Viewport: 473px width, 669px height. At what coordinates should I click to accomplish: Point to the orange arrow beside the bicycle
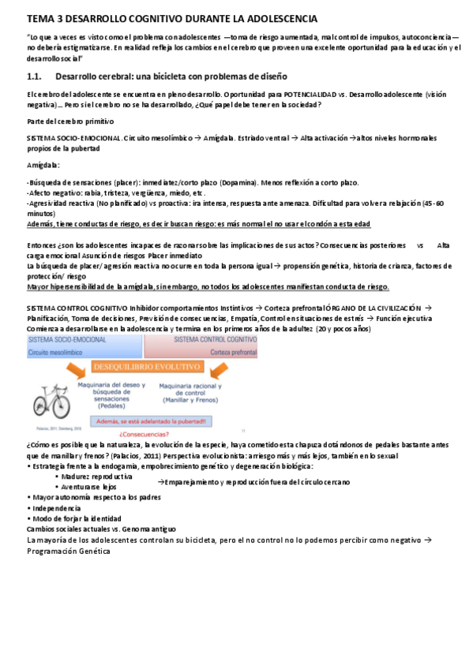point(92,372)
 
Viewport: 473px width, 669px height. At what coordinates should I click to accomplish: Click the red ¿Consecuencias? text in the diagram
point(142,433)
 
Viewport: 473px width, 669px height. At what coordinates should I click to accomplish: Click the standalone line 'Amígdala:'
point(43,166)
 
